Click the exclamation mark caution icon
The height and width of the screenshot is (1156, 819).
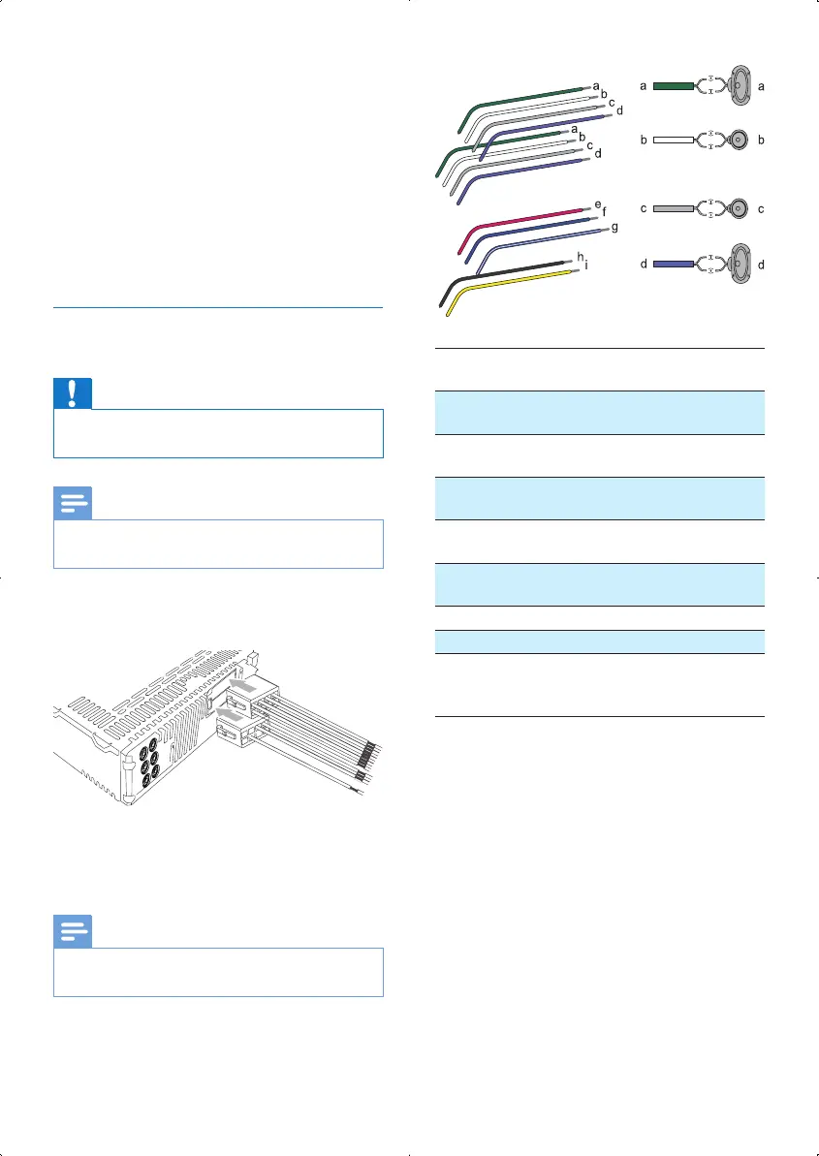[x=73, y=393]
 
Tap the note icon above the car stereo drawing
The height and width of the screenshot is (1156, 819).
[x=73, y=503]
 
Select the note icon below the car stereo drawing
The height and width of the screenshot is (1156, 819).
[x=73, y=930]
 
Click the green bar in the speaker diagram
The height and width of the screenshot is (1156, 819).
[x=674, y=86]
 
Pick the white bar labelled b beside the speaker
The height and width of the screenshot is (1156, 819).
[x=674, y=141]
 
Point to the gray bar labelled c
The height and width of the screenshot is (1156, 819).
[x=674, y=208]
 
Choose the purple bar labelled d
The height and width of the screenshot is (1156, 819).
[x=674, y=264]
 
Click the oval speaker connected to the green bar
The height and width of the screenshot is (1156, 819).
[x=739, y=86]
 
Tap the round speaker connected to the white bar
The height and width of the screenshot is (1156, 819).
[x=739, y=141]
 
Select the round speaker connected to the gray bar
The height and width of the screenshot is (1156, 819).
[x=739, y=208]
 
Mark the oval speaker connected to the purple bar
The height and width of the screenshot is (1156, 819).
[x=739, y=264]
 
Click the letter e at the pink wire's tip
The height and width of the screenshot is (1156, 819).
[x=598, y=203]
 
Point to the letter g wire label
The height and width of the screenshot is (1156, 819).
[x=614, y=227]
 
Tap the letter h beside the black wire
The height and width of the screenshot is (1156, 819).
[x=580, y=257]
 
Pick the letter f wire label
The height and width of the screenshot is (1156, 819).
[x=606, y=212]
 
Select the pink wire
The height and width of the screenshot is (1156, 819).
[x=523, y=219]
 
